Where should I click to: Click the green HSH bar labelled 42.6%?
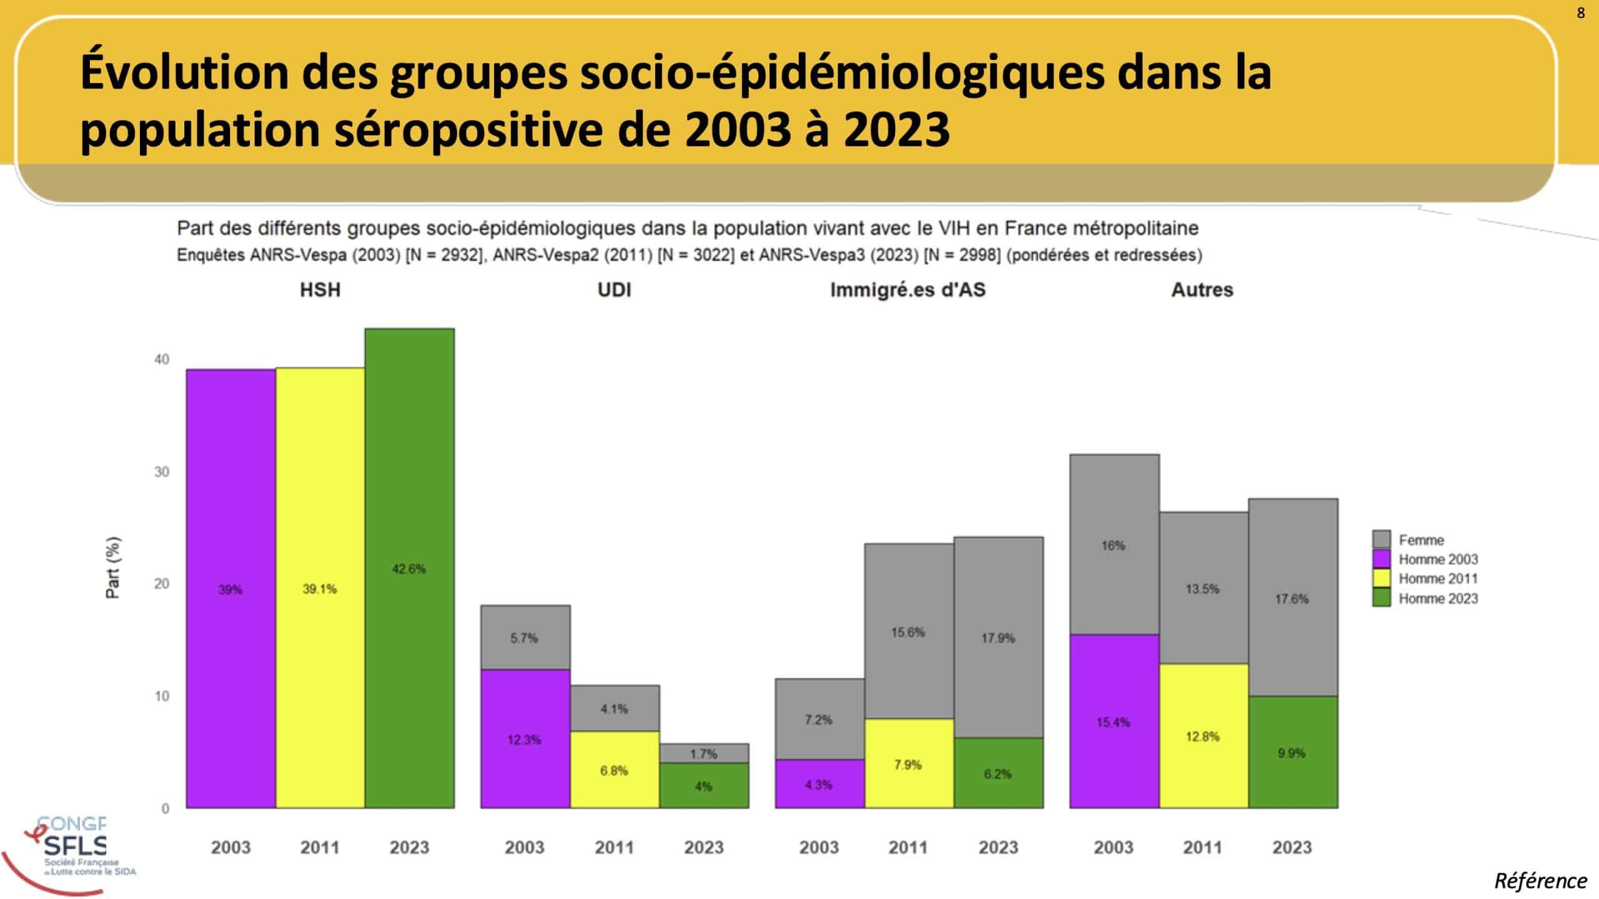click(410, 568)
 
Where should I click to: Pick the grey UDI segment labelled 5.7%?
click(525, 637)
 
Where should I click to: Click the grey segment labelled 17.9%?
click(998, 637)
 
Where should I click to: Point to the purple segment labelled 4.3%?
click(819, 784)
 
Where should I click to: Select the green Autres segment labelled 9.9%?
click(1292, 752)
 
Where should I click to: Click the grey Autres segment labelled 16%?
click(1114, 544)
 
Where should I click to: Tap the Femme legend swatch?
click(1381, 539)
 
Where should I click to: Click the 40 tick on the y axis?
click(162, 359)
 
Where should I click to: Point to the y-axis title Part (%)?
click(113, 567)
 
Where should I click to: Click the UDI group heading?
click(615, 290)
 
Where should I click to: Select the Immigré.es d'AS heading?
click(908, 290)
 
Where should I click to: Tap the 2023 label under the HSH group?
click(410, 847)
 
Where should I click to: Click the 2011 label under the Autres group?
click(1202, 847)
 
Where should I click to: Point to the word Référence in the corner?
click(1540, 881)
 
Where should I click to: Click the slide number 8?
click(1581, 13)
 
